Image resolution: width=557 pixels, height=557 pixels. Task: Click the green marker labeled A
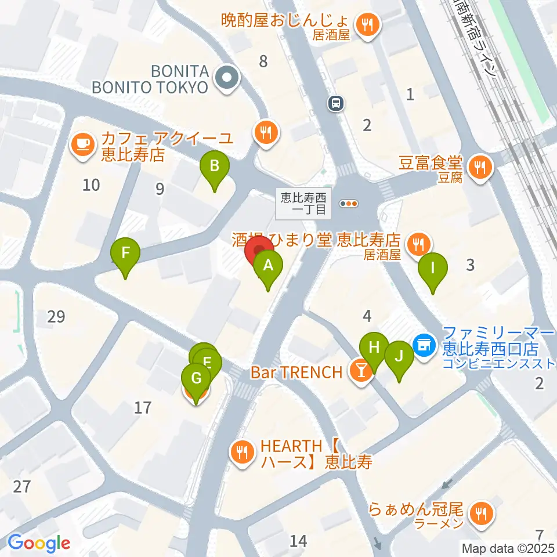pyautogui.click(x=267, y=267)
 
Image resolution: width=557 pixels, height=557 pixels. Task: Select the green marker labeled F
pyautogui.click(x=126, y=254)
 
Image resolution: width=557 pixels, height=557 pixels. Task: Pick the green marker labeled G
pyautogui.click(x=196, y=379)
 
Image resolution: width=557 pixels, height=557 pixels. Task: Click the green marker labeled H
pyautogui.click(x=374, y=349)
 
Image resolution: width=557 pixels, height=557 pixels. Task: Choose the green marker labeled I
pyautogui.click(x=432, y=269)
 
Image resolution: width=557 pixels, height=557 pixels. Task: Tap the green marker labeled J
pyautogui.click(x=399, y=357)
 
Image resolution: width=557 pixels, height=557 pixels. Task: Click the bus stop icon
pyautogui.click(x=336, y=104)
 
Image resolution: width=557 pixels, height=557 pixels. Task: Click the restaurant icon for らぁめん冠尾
pyautogui.click(x=481, y=512)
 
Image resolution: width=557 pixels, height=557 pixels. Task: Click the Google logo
pyautogui.click(x=38, y=543)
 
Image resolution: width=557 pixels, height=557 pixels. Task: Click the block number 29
pyautogui.click(x=56, y=317)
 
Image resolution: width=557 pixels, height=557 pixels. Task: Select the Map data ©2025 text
pyautogui.click(x=508, y=548)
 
